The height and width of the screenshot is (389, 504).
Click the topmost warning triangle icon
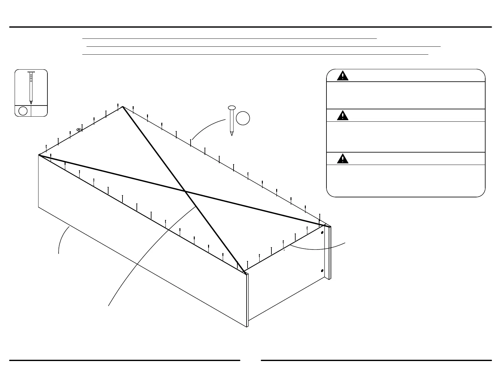(342, 76)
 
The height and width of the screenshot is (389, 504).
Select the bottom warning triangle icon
(342, 159)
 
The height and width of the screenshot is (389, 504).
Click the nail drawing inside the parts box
(31, 88)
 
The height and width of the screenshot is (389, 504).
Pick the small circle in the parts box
(23, 111)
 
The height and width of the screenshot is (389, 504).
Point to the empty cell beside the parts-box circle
(39, 111)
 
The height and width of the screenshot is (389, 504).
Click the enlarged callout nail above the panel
(232, 120)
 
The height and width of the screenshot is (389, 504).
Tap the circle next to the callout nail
(243, 118)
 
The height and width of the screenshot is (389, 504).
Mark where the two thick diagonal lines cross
(185, 191)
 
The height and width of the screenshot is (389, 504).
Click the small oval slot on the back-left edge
(78, 129)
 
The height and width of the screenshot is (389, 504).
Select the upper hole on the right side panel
(322, 233)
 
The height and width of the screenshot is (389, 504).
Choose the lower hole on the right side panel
(322, 271)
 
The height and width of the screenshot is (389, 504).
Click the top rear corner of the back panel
(122, 106)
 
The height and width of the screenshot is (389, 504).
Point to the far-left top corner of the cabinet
(39, 155)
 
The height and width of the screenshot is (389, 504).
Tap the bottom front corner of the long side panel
(247, 327)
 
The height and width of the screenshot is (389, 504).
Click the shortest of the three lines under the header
(229, 38)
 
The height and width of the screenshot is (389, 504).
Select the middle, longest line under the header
(263, 46)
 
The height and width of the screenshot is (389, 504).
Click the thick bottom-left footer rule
(124, 360)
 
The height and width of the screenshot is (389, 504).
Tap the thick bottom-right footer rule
(376, 360)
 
